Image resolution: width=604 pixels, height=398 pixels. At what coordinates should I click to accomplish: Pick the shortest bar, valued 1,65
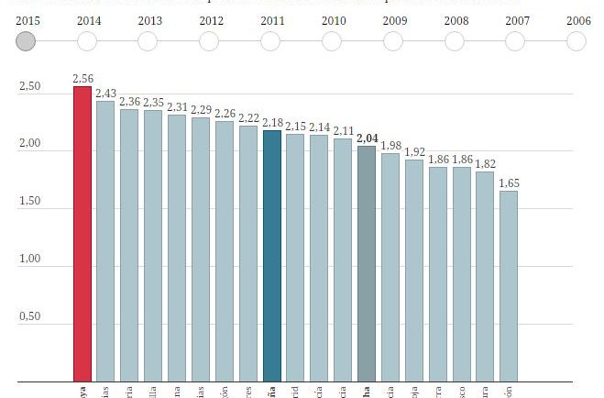tap(509, 285)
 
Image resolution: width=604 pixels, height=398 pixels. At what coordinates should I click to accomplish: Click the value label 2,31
tap(177, 107)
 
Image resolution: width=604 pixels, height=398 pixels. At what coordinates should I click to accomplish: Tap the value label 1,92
tap(414, 152)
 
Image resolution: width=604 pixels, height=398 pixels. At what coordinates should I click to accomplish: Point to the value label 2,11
tap(343, 131)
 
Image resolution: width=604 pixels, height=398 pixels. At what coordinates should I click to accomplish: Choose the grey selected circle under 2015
tap(27, 41)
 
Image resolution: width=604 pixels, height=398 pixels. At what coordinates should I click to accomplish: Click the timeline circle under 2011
tap(270, 41)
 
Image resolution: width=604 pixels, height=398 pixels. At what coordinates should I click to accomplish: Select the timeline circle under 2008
tap(454, 41)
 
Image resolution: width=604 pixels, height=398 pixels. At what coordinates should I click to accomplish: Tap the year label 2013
tap(149, 19)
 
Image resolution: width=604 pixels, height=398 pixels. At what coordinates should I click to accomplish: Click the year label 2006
tap(578, 19)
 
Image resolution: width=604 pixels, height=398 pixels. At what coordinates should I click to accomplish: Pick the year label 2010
tap(334, 19)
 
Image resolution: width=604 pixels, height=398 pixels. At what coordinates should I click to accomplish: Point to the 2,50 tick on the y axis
tap(29, 87)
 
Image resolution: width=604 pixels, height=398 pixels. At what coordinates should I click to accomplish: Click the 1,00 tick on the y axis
tap(29, 260)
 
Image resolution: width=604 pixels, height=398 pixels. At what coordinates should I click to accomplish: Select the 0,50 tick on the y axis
tap(29, 317)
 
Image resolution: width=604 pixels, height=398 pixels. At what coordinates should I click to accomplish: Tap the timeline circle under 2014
tap(88, 41)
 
